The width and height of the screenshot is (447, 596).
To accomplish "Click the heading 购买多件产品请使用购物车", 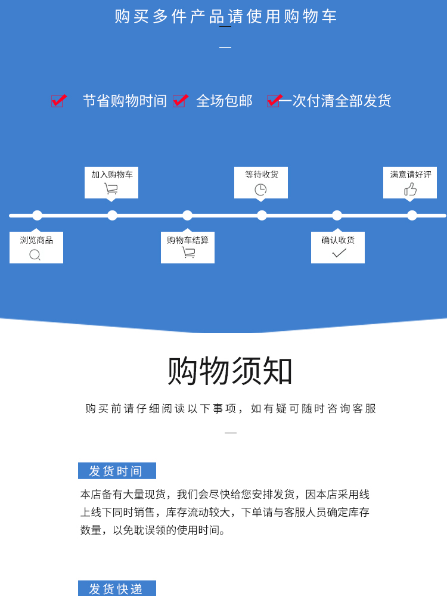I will [226, 17].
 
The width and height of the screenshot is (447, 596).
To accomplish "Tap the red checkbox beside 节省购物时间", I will [58, 101].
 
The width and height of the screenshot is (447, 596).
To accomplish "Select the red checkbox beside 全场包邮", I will [179, 101].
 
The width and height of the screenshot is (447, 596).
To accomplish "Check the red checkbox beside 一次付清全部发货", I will [273, 101].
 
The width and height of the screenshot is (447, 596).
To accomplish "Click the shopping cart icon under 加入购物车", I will [111, 189].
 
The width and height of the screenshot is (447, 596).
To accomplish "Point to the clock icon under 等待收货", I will [260, 190].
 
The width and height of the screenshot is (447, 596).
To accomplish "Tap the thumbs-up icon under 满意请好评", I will [410, 190].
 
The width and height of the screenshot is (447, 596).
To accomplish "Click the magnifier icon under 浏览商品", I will [35, 255].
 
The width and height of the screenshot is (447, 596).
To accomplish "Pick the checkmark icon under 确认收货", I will [339, 253].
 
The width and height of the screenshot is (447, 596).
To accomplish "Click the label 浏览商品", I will [36, 240].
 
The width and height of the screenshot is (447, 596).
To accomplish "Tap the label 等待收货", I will [261, 175].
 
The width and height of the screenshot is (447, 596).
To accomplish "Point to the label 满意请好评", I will [410, 175].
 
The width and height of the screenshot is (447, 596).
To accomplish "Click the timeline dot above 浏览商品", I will [37, 215].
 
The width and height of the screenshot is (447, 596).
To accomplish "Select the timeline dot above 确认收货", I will [337, 215].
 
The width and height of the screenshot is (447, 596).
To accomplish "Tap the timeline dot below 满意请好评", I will [412, 215].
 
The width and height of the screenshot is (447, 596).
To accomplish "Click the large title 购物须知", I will [230, 371].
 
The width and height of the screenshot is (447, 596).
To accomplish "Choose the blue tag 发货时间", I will [117, 471].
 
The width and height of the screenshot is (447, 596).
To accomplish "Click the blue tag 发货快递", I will [117, 589].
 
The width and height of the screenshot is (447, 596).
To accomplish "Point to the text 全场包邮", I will [225, 101].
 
